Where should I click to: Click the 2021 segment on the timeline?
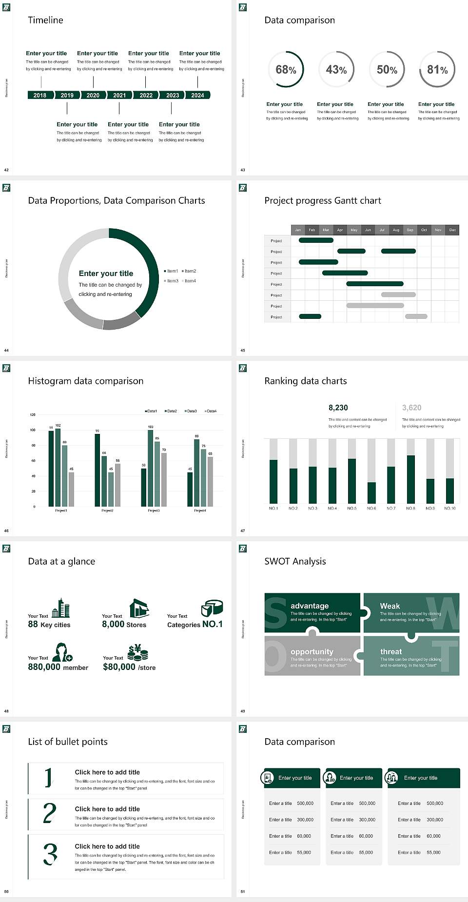coord(119,95)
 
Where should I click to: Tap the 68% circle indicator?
coord(286,70)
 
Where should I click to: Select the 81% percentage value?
coord(437,70)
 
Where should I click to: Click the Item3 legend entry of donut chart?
coord(172,281)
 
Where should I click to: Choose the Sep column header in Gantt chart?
coord(410,230)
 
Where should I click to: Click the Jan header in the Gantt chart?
coord(298,230)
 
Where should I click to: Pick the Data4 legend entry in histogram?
coord(211,411)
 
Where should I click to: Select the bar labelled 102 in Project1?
coord(58,467)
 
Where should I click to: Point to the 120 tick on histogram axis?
coord(33,415)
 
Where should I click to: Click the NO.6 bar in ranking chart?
coord(371,492)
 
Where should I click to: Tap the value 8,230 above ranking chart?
coord(338,408)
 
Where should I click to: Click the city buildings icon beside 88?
coord(61,608)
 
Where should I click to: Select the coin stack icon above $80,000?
coord(138,652)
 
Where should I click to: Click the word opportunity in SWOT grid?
coord(312,651)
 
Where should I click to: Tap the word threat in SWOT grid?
coord(391,651)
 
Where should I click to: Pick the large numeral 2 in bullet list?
coord(49,813)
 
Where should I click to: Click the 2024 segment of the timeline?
coord(197,95)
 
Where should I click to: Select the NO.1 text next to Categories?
coord(213,624)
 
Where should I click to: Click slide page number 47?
coord(243,530)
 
